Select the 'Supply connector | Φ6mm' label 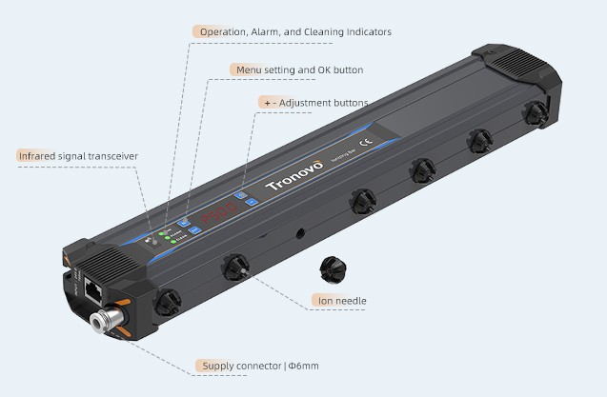pos(258,366)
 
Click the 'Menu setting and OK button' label pos(297,69)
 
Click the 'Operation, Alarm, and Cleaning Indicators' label pos(293,31)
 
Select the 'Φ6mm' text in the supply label pos(302,366)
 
